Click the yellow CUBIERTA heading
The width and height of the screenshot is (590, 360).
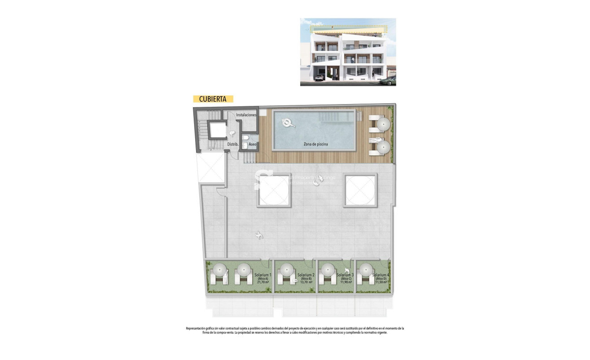[x=213, y=99]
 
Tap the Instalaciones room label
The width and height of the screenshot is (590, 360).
[x=246, y=115]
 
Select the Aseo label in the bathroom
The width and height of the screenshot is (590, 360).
[x=253, y=145]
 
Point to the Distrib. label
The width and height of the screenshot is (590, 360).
[x=232, y=145]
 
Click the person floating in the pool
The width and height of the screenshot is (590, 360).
[x=287, y=123]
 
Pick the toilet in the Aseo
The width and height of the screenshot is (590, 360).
[x=245, y=145]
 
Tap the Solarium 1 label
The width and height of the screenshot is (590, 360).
[x=262, y=275]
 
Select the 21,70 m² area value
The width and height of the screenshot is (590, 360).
[x=262, y=282]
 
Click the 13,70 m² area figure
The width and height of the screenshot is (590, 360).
[x=307, y=282]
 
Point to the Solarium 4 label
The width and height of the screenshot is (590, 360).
[x=380, y=275]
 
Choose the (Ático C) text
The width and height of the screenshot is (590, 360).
[x=345, y=279]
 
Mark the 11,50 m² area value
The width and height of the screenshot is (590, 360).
[x=380, y=282]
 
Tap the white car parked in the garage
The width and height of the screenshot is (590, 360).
[x=319, y=78]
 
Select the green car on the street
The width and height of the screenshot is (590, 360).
[x=388, y=80]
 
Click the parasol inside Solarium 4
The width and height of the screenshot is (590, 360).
[x=366, y=270]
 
